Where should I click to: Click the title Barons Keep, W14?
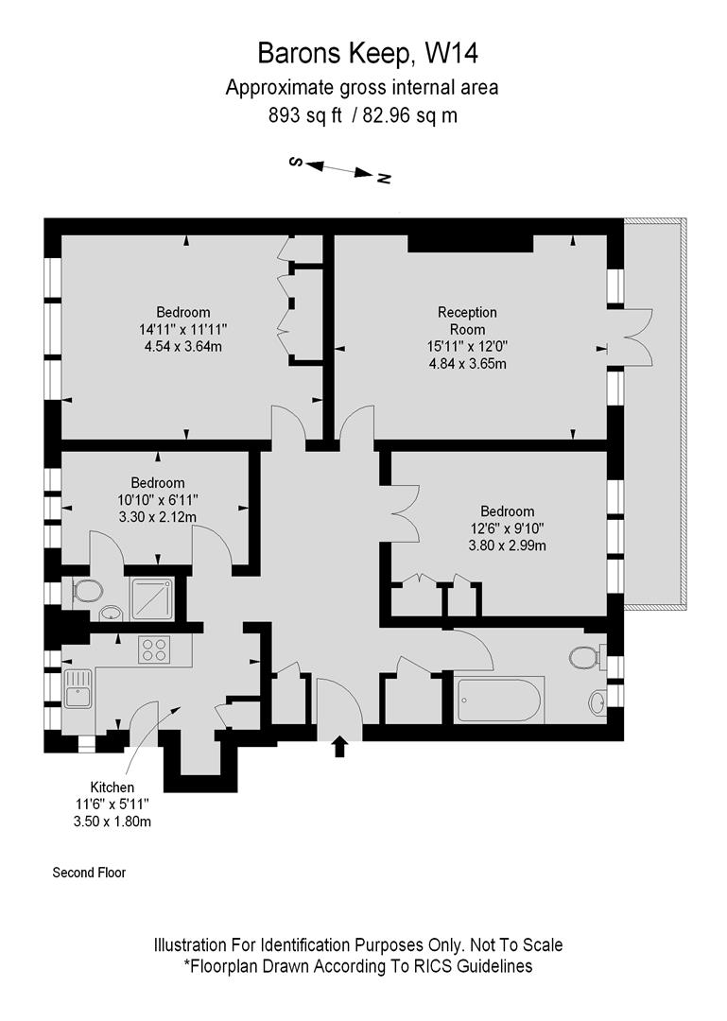click(x=362, y=53)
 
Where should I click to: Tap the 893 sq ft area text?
click(x=303, y=115)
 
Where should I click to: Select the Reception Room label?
click(x=466, y=320)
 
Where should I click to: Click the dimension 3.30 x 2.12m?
click(x=158, y=516)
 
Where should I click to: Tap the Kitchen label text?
click(x=112, y=787)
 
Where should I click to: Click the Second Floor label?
click(x=89, y=873)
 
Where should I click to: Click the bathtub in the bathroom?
click(x=498, y=700)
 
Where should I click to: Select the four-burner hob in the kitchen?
click(x=154, y=650)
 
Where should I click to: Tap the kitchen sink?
click(x=78, y=688)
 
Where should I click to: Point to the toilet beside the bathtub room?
click(x=584, y=656)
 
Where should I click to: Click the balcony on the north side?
click(x=654, y=416)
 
